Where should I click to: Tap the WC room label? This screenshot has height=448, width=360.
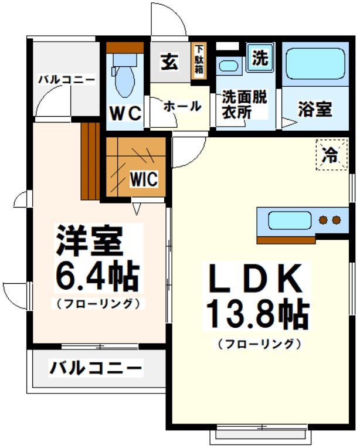point(125,113)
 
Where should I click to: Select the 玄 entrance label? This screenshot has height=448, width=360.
point(170,61)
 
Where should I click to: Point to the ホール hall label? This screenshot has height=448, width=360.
point(182,106)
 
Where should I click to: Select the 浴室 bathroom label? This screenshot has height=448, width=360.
point(315,109)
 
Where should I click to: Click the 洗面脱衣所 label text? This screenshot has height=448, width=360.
point(244,104)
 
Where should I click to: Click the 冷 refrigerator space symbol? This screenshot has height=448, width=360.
point(331,155)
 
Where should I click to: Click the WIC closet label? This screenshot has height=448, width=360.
point(144,179)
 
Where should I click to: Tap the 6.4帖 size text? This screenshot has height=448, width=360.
point(97,277)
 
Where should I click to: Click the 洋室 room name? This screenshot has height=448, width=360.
point(90,241)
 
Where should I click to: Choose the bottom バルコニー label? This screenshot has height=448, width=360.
point(96,368)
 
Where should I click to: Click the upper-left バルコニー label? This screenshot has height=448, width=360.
point(67,80)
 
